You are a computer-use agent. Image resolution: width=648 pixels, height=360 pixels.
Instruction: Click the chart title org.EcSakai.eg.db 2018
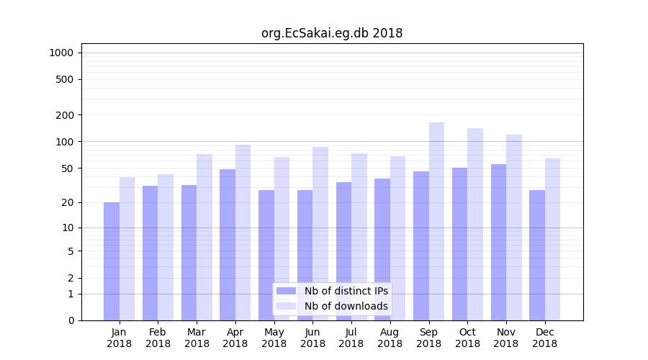pyautogui.click(x=332, y=33)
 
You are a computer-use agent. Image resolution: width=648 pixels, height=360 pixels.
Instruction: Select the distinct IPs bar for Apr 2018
pyautogui.click(x=228, y=245)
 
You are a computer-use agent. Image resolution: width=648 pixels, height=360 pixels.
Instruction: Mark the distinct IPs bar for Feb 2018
pyautogui.click(x=150, y=253)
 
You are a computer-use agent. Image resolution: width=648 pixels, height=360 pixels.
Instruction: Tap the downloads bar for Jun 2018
pyautogui.click(x=320, y=233)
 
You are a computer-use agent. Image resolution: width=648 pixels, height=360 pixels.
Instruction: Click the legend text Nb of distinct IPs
pyautogui.click(x=346, y=291)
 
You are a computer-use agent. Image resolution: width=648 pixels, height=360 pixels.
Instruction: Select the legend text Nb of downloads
pyautogui.click(x=346, y=306)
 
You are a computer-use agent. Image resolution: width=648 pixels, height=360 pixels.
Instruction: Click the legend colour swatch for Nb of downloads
pyautogui.click(x=286, y=306)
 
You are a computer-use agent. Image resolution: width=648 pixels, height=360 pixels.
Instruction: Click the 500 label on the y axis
pyautogui.click(x=66, y=79)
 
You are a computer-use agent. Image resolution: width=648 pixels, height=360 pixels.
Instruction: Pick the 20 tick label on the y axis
pyautogui.click(x=68, y=202)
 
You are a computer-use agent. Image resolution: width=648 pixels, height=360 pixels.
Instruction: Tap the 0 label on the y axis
pyautogui.click(x=71, y=320)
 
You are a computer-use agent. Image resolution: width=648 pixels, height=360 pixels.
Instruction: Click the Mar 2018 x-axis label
pyautogui.click(x=197, y=338)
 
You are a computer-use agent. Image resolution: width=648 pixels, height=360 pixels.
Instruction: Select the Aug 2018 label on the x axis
pyautogui.click(x=390, y=338)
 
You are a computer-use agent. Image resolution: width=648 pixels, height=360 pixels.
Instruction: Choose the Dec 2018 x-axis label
pyautogui.click(x=544, y=338)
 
